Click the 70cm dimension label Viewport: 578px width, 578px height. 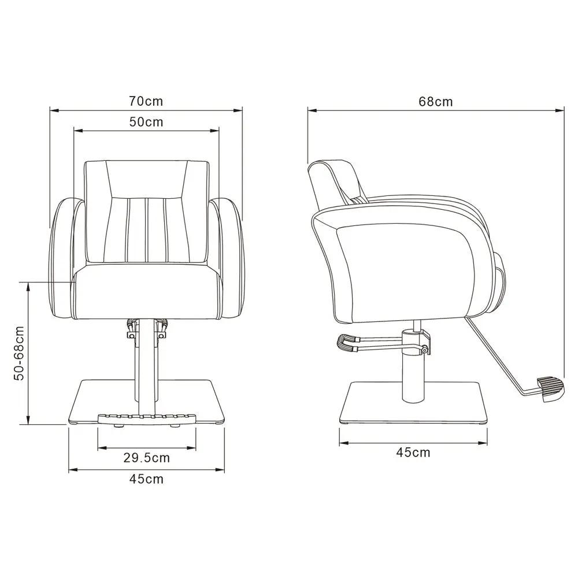(x=146, y=101)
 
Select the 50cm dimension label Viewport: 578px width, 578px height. (x=146, y=121)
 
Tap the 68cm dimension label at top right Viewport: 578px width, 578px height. (x=435, y=101)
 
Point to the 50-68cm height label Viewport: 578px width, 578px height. (x=18, y=353)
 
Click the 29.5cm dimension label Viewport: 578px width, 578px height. (x=146, y=458)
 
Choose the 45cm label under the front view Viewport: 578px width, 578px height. (x=146, y=479)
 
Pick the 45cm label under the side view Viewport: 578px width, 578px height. (x=413, y=452)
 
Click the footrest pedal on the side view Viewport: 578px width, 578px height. (x=550, y=388)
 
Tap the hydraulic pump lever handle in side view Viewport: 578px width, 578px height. (x=347, y=343)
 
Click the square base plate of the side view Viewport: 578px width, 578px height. (x=413, y=402)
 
